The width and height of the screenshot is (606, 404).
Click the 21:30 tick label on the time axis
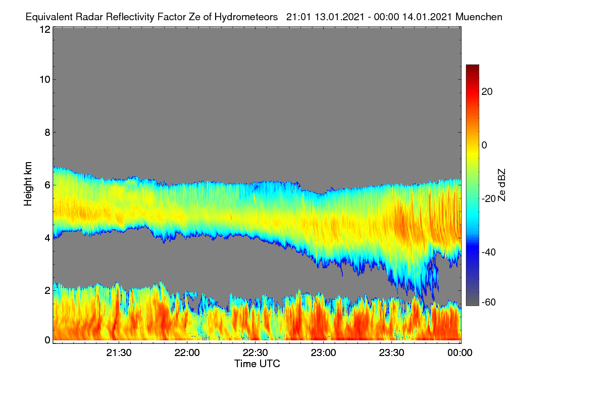pyautogui.click(x=119, y=352)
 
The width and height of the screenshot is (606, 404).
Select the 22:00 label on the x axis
pyautogui.click(x=187, y=352)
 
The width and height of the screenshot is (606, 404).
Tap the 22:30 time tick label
pyautogui.click(x=255, y=352)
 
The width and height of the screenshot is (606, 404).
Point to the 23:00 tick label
pyautogui.click(x=323, y=352)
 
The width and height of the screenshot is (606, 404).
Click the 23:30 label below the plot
pyautogui.click(x=391, y=352)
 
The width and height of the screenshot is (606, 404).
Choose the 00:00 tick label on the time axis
pyautogui.click(x=460, y=352)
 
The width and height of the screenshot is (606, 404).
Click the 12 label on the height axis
pyautogui.click(x=45, y=29)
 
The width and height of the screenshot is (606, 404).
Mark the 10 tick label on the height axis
pyautogui.click(x=45, y=80)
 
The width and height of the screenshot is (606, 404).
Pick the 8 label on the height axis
pyautogui.click(x=47, y=132)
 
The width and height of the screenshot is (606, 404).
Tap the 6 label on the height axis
pyautogui.click(x=47, y=185)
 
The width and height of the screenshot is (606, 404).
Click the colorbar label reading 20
pyautogui.click(x=487, y=92)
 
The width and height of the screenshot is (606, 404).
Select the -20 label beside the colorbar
pyautogui.click(x=489, y=199)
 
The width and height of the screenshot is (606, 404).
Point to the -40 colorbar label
pyautogui.click(x=489, y=252)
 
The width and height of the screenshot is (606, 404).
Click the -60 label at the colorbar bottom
pyautogui.click(x=489, y=302)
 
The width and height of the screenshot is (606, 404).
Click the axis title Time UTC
pyautogui.click(x=257, y=364)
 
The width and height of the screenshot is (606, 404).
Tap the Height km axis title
pyautogui.click(x=28, y=184)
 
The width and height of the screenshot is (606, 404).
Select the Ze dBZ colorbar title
pyautogui.click(x=501, y=185)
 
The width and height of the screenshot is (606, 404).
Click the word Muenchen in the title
pyautogui.click(x=479, y=17)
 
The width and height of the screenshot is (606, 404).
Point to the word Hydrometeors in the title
pyautogui.click(x=246, y=17)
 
